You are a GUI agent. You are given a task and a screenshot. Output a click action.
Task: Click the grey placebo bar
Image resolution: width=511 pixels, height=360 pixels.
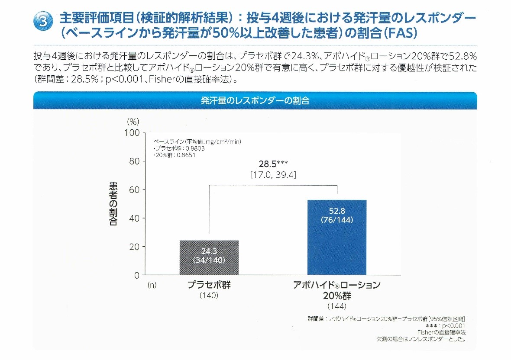pos(209,257)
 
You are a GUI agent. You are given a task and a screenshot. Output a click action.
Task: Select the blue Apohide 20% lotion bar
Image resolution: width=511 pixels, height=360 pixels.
pos(337,237)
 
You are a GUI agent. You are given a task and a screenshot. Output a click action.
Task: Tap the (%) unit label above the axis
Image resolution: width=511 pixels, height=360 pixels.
pos(133,122)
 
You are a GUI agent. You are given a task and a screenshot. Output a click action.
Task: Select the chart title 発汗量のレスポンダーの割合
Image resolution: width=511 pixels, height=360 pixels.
pos(255,101)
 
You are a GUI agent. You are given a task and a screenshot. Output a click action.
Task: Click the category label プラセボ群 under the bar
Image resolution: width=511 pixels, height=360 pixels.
pos(209,285)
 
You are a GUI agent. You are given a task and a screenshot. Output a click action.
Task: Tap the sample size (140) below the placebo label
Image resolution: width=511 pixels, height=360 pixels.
pos(209,296)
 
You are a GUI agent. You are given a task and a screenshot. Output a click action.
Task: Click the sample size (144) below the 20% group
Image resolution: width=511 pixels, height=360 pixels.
pos(336,307)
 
